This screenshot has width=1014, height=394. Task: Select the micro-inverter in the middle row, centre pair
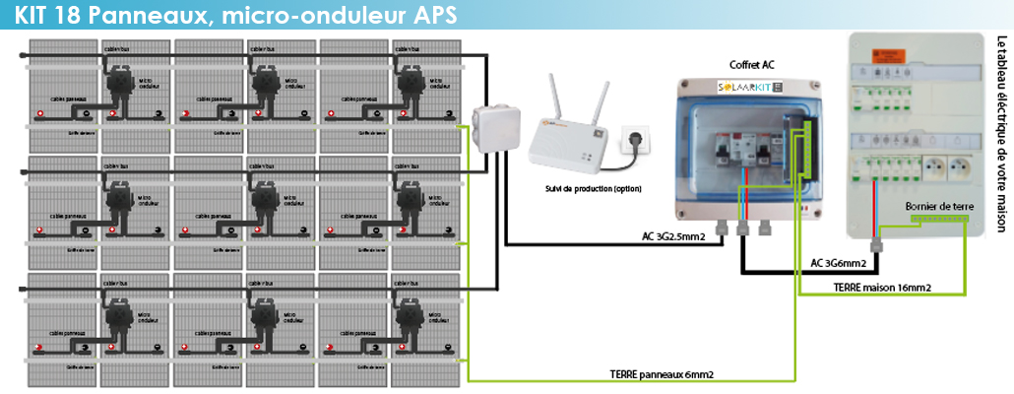266,202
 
